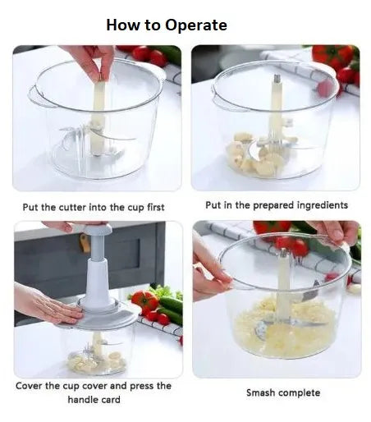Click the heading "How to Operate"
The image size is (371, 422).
167,25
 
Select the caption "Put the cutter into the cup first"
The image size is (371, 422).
93,206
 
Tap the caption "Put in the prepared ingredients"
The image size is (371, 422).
277,204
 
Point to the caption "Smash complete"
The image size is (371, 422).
283,392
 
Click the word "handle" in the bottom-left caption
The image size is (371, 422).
84,400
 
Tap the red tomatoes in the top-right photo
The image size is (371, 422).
333,59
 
